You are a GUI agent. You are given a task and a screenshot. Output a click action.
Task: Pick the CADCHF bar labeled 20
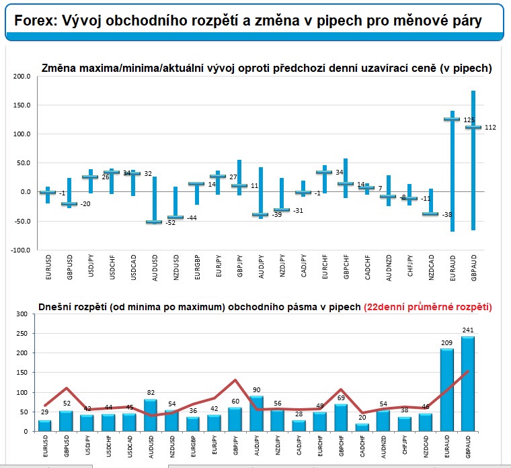coord(362,427)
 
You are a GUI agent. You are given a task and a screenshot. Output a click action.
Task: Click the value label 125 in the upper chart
coord(469,120)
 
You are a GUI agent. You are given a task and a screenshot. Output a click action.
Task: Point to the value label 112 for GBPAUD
coord(490,128)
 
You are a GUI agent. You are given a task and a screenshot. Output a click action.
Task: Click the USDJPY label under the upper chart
coord(90,266)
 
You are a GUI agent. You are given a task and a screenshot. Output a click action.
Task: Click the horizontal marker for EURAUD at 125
coord(452,120)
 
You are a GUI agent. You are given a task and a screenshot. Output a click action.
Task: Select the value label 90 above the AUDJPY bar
coord(257,389)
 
